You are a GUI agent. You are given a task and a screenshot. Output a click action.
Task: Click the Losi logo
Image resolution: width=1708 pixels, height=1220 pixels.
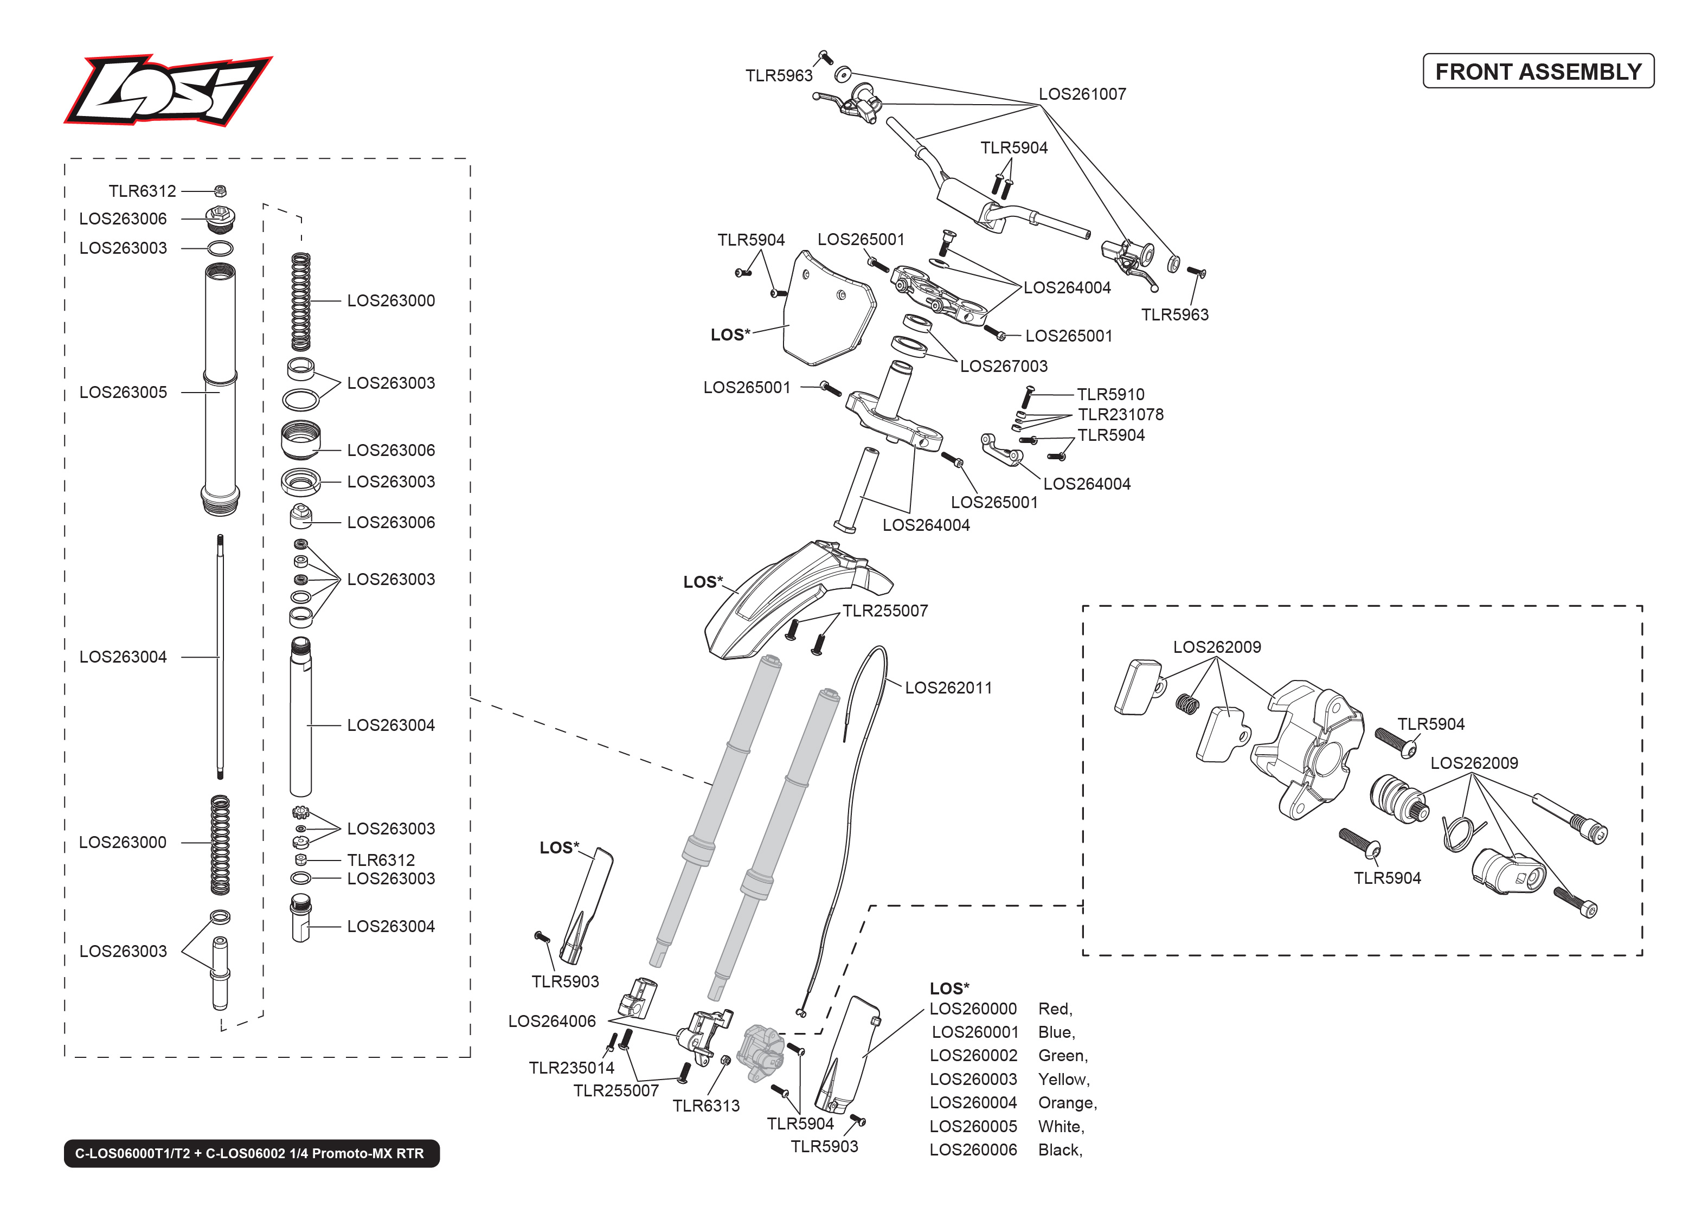point(168,90)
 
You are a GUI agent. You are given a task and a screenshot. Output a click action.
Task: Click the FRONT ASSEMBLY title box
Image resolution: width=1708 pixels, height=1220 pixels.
point(1538,72)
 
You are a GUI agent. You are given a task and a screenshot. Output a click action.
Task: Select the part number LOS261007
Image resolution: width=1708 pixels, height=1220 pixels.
point(1082,94)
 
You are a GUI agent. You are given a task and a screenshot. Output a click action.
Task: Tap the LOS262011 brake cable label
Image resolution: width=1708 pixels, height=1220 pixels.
point(948,688)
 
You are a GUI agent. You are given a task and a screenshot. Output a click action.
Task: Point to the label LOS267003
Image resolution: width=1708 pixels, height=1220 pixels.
point(1004,366)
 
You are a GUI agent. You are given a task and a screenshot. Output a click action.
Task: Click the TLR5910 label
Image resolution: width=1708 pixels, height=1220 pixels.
point(1110,394)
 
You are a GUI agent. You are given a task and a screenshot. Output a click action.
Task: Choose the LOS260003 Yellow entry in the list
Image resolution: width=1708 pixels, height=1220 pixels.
point(973,1079)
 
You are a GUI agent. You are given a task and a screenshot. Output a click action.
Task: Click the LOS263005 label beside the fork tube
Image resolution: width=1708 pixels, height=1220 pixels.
point(123,392)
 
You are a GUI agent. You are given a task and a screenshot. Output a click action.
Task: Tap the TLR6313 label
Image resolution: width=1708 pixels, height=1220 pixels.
point(706,1106)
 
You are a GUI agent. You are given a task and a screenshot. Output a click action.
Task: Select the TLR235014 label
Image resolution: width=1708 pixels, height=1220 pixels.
point(572,1068)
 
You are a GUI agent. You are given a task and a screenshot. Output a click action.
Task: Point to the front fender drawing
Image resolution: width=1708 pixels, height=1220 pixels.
point(788,601)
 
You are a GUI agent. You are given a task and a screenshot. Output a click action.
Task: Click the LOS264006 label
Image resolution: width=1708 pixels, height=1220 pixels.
point(552,1021)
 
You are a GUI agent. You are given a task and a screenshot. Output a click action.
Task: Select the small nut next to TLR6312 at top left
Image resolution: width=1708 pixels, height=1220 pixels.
point(220,191)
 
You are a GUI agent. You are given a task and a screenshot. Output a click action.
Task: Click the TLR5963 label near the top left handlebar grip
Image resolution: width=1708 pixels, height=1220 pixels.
point(779,76)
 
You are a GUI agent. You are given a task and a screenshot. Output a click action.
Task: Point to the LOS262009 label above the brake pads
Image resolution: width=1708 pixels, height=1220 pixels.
point(1217,647)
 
